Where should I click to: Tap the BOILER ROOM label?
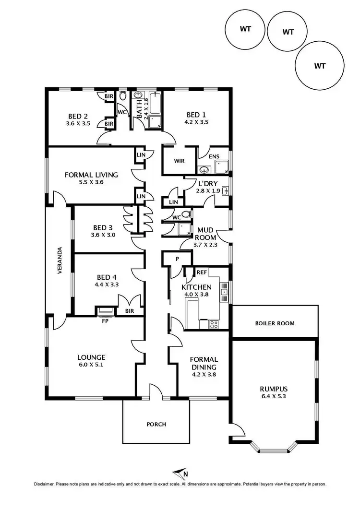click(275, 323)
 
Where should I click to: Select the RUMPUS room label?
click(273, 389)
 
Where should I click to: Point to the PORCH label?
click(156, 424)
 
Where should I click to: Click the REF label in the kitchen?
click(202, 272)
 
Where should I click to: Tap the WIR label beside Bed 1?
click(180, 161)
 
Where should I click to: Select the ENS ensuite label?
click(215, 156)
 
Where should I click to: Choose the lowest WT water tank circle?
click(320, 66)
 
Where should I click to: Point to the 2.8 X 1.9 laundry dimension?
click(208, 190)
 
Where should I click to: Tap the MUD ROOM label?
click(206, 234)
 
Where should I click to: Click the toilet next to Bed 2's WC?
click(123, 96)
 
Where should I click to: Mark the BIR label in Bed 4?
click(129, 311)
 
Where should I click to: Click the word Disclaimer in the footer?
click(44, 484)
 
